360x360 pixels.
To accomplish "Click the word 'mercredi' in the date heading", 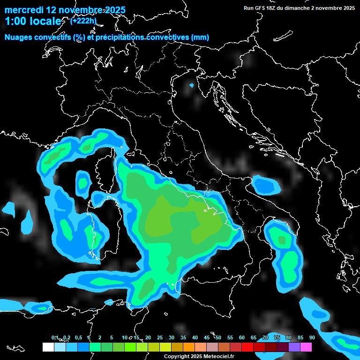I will click(23, 10).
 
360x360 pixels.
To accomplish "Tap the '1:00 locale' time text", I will click(33, 22).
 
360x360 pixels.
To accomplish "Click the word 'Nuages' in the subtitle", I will click(18, 37).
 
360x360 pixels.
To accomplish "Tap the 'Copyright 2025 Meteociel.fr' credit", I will click(199, 356).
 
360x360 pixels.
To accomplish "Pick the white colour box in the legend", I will click(48, 347).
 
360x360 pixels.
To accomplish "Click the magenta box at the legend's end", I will click(306, 347).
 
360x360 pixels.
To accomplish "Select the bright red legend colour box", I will click(247, 347).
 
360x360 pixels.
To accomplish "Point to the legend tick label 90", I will click(312, 337).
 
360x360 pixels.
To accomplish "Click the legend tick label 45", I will click(207, 337).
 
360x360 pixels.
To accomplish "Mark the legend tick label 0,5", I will click(78, 337).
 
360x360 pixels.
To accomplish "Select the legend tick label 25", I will click(160, 337).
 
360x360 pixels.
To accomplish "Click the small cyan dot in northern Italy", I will click(191, 85).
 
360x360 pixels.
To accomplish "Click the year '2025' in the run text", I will click(347, 8).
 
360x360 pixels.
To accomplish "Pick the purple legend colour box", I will click(294, 347).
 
